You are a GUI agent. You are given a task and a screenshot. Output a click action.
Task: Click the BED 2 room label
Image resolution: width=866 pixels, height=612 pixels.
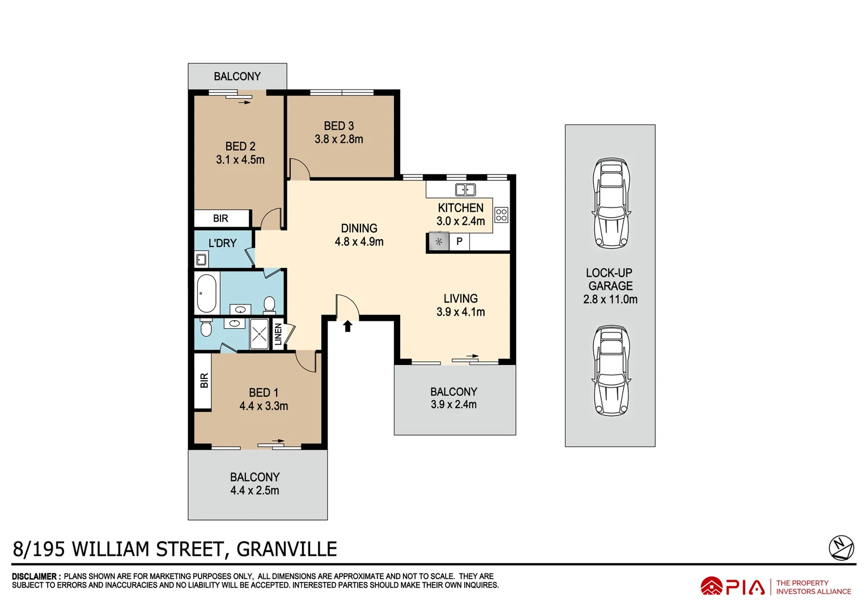click(240, 146)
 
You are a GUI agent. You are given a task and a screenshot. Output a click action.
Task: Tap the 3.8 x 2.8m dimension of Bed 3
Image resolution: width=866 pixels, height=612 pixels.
click(339, 139)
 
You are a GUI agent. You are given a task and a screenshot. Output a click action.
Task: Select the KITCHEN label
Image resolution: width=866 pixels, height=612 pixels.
click(460, 208)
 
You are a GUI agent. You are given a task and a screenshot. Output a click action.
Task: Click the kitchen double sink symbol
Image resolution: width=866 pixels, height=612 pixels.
click(465, 190)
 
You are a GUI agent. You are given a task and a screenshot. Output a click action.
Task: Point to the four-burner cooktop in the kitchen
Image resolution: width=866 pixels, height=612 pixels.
click(501, 215)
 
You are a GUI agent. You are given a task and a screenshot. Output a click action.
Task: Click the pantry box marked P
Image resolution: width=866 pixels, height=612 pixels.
click(459, 241)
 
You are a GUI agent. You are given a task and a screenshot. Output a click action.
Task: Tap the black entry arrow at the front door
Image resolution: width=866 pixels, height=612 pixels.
click(347, 326)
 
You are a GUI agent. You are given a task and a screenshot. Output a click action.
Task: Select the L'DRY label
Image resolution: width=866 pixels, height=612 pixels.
click(222, 243)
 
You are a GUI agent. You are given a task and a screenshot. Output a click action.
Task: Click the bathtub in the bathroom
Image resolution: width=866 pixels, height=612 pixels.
click(207, 293)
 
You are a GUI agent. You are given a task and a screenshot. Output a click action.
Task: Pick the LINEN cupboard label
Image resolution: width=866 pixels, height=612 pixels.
click(278, 334)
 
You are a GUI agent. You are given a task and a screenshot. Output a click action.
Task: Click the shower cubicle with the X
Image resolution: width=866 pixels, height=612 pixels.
click(260, 334)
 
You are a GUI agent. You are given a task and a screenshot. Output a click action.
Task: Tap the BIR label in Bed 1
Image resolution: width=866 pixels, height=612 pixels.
click(204, 380)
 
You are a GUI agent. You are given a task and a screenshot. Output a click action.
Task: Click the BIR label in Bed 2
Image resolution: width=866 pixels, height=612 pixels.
click(220, 218)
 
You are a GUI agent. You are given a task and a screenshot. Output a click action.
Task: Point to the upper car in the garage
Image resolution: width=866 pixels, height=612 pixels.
click(611, 203)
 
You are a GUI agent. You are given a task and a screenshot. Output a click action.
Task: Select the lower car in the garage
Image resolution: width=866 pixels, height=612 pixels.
click(611, 371)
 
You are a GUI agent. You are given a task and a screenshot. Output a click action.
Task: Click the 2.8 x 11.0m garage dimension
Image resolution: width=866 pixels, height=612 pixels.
click(610, 300)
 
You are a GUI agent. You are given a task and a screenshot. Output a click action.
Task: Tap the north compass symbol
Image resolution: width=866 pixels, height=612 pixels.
click(841, 548)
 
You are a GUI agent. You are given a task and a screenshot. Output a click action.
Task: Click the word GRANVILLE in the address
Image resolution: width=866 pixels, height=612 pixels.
click(287, 549)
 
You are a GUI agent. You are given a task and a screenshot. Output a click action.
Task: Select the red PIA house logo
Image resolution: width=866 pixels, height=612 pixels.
click(711, 586)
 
